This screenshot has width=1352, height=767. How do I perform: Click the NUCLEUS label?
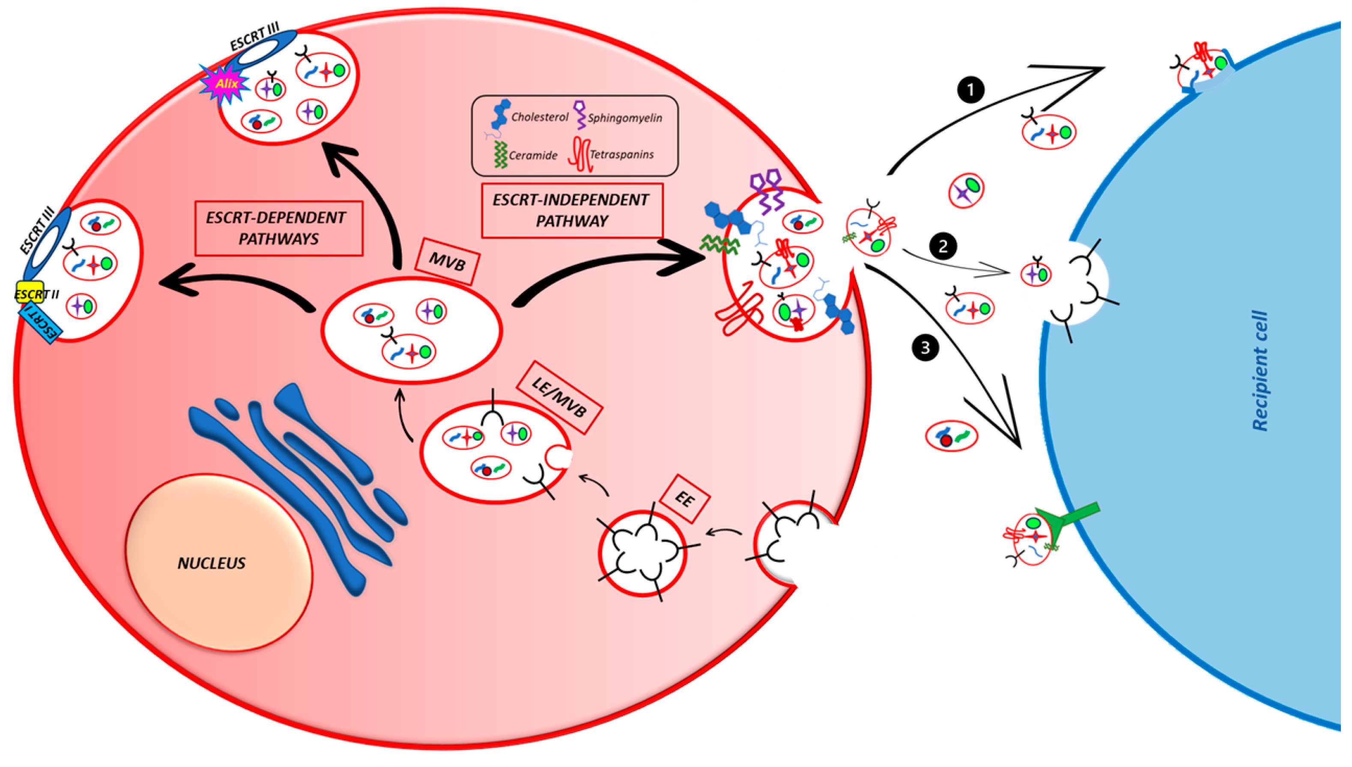211,563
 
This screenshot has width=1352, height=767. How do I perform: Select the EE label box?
684,498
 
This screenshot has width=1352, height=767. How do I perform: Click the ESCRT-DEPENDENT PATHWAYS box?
278,228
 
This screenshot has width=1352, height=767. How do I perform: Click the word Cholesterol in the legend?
540,117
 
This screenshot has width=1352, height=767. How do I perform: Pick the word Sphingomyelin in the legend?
625,118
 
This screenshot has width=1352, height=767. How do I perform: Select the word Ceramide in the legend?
533,156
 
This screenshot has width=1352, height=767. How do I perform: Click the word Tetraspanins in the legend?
621,154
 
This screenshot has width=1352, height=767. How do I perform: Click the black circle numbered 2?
943,246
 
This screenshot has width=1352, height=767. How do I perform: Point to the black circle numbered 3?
925,348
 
